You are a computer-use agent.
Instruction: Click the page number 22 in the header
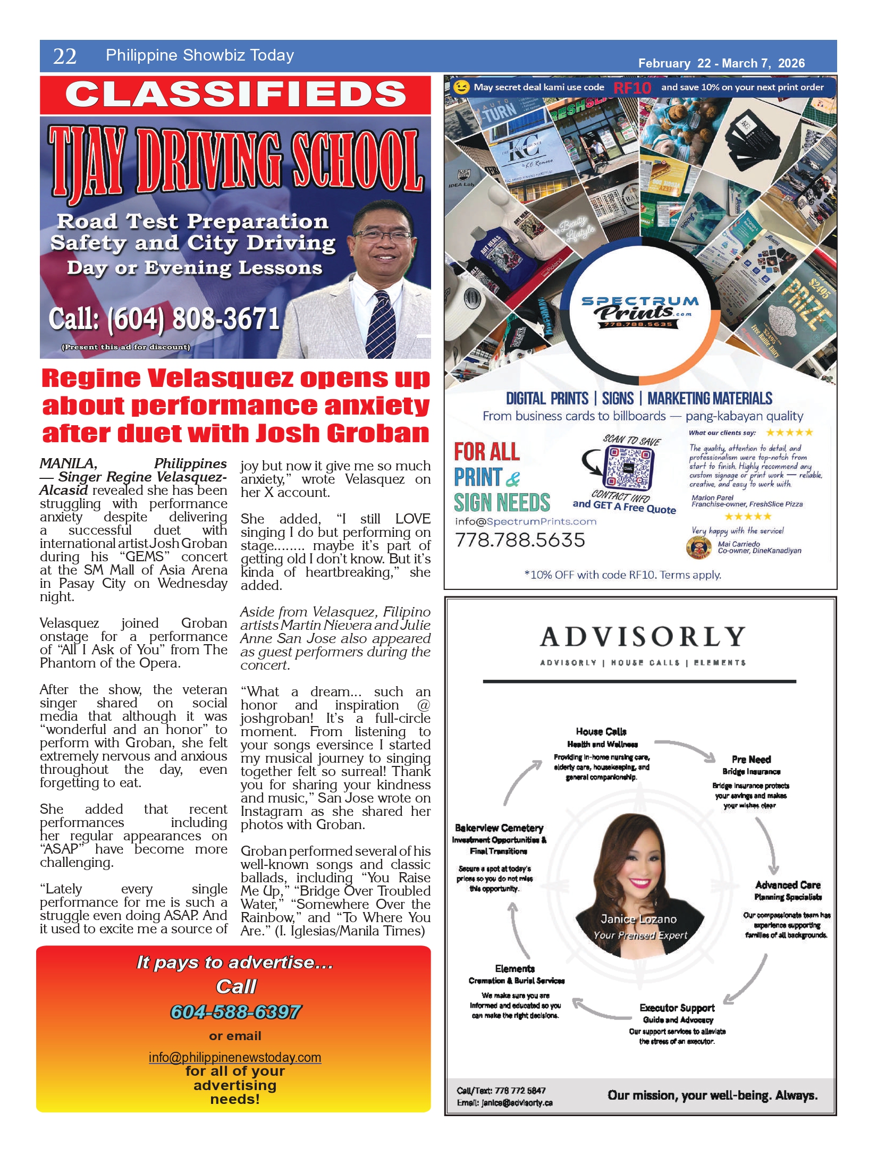click(65, 56)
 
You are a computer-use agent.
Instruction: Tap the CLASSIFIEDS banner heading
click(235, 95)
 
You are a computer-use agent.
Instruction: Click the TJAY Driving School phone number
click(164, 319)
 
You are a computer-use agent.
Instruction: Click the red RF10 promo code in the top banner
click(632, 88)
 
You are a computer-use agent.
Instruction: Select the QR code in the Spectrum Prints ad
click(628, 467)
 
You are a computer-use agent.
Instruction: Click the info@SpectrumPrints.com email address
click(526, 521)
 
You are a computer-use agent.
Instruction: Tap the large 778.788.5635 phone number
click(520, 540)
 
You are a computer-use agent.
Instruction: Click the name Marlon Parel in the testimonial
click(712, 497)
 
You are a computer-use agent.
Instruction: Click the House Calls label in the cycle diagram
click(601, 731)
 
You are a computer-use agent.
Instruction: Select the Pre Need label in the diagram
click(751, 759)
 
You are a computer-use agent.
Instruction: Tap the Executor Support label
click(677, 1008)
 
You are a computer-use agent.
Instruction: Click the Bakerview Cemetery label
click(499, 828)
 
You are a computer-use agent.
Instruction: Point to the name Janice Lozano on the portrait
click(639, 919)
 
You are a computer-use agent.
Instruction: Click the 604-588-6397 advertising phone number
click(235, 1012)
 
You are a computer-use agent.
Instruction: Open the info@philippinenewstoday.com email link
click(235, 1057)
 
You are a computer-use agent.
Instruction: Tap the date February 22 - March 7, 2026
click(721, 63)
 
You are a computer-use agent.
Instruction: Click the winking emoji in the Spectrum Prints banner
click(461, 87)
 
